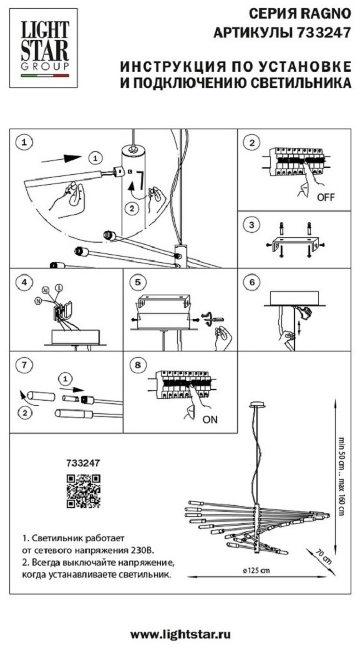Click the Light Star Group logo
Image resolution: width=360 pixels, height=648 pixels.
(44, 47)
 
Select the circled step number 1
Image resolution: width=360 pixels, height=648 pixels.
(24, 142)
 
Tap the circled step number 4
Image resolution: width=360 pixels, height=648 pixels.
(24, 282)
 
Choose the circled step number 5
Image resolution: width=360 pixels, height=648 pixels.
(137, 282)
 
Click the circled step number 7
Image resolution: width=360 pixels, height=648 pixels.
(24, 365)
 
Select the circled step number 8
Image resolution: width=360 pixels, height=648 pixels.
(137, 365)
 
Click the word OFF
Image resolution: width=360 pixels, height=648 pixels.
(326, 197)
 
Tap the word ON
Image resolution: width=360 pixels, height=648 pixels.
(210, 420)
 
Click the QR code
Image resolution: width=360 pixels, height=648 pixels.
(84, 491)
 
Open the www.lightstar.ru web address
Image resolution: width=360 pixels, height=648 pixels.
(180, 634)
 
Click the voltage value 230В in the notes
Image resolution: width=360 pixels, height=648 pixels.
(143, 551)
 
